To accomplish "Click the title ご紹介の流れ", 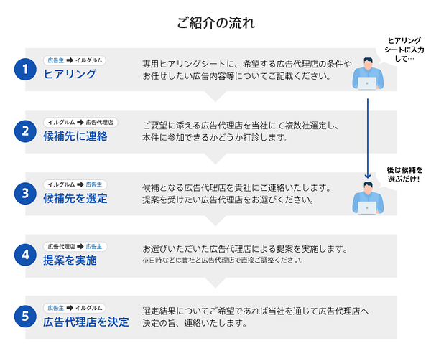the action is [215, 22].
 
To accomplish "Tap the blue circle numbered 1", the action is [25, 69].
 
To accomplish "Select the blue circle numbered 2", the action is [25, 131].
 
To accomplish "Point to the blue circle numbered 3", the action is [25, 193].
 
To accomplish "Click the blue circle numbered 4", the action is [25, 255].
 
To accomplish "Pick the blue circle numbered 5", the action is [25, 317].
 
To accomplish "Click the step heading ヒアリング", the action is [70, 74].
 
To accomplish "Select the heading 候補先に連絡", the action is [75, 136].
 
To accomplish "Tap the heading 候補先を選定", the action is [75, 198].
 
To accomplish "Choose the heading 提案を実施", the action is [70, 260].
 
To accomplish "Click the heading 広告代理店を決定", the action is [86, 322].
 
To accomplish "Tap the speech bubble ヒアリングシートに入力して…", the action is [404, 50].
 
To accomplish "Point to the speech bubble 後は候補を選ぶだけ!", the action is [404, 174].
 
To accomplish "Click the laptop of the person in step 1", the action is [367, 83].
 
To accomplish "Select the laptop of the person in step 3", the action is [367, 208].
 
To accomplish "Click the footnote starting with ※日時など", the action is [223, 260].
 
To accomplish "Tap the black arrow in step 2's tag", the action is [80, 123].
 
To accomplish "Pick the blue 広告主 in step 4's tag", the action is [94, 246].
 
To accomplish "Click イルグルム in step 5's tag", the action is [89, 308].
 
